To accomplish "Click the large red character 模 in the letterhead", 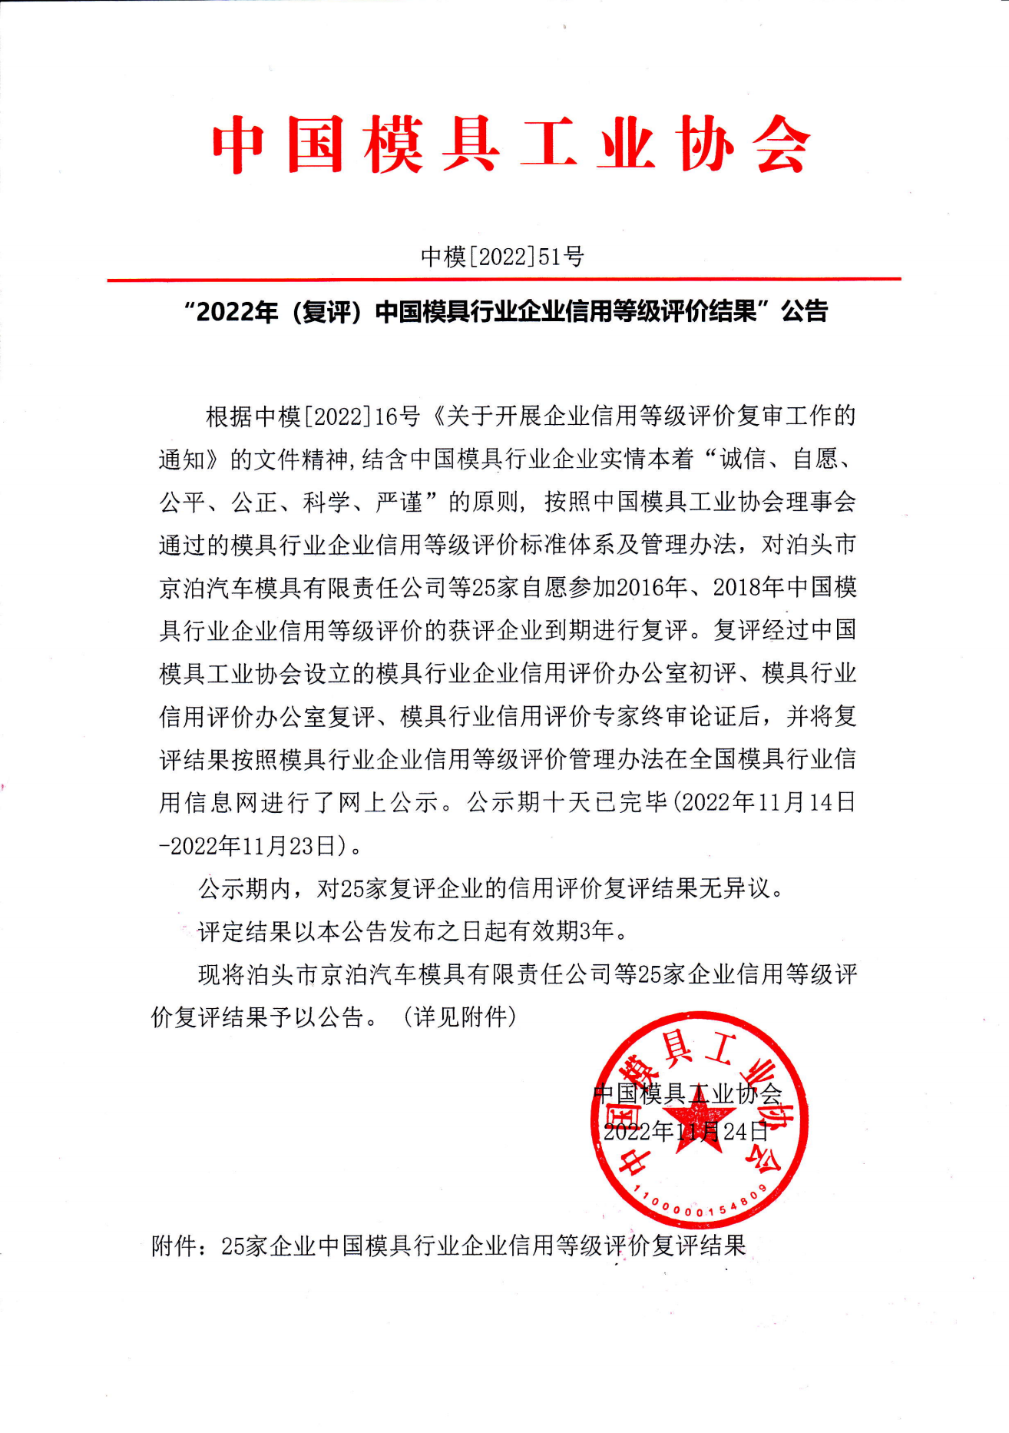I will (395, 145).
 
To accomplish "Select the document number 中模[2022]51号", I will (502, 256).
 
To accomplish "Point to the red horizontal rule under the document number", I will (504, 280).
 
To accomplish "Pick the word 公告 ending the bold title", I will (804, 312).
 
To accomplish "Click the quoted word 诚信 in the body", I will (743, 459).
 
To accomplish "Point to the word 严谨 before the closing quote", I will (399, 503).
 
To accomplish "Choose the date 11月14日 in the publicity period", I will (807, 803).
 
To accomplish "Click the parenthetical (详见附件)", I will (460, 1018).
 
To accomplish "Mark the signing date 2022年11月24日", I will (686, 1132).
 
